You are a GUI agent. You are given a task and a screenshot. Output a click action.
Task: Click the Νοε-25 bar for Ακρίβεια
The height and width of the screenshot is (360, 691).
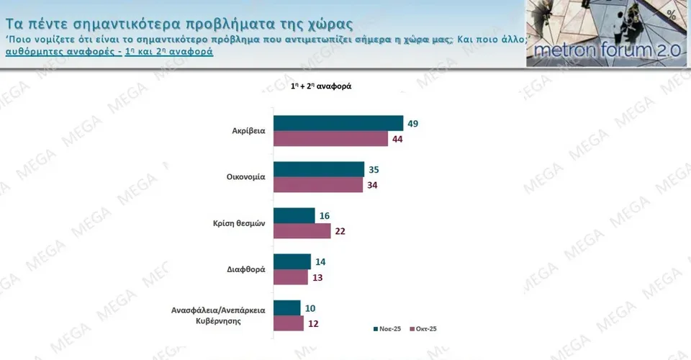click(338, 123)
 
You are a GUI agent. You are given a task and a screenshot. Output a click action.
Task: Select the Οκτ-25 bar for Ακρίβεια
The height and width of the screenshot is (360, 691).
click(331, 139)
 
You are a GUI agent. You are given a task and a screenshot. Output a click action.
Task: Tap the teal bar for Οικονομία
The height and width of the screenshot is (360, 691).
click(319, 169)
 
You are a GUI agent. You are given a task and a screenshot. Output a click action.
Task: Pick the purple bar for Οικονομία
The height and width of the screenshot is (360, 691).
click(317, 185)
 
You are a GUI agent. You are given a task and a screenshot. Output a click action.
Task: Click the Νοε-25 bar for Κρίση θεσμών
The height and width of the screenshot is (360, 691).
click(294, 215)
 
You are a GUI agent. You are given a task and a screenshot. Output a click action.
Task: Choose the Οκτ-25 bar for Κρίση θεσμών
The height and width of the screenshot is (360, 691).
click(302, 231)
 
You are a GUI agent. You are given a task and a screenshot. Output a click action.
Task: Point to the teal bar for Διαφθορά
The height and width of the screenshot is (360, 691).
click(292, 261)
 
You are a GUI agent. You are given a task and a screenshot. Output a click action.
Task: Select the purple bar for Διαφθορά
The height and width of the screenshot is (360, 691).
click(291, 277)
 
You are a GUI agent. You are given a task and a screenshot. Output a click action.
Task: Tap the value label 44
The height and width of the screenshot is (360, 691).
click(397, 140)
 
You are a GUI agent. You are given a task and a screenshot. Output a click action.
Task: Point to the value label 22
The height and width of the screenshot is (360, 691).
click(340, 232)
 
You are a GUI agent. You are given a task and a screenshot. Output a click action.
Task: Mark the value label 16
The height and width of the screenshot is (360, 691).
click(324, 216)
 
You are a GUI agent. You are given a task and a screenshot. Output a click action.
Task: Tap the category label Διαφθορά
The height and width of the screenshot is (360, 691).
click(246, 269)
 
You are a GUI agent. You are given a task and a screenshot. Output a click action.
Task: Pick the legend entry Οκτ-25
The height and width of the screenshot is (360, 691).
click(424, 329)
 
